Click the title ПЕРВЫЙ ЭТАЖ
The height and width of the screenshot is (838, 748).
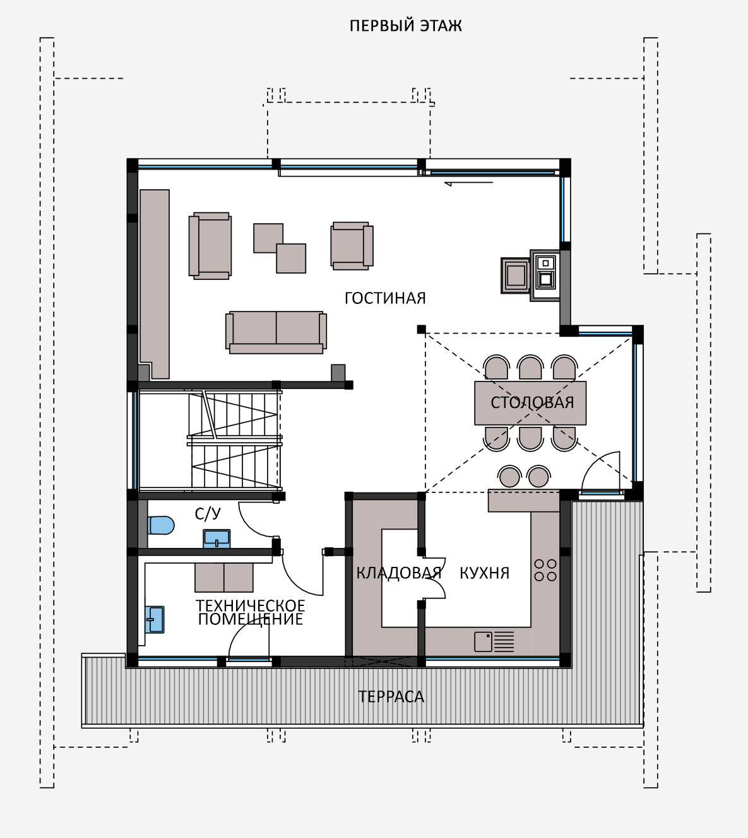click(x=405, y=26)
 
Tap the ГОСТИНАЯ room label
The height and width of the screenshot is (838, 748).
click(x=385, y=298)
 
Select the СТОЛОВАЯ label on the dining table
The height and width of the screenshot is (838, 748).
click(x=532, y=403)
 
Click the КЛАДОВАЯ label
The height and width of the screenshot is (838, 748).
click(x=399, y=573)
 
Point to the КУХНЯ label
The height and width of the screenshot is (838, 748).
click(x=485, y=573)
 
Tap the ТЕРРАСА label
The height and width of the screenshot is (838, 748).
click(x=391, y=697)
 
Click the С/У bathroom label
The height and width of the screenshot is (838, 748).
click(x=208, y=514)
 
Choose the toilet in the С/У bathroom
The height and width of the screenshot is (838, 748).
click(x=161, y=525)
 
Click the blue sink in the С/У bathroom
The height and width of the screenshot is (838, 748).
click(x=217, y=538)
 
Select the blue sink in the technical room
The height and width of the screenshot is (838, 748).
click(x=155, y=620)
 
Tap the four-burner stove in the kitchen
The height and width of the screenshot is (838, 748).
click(x=545, y=571)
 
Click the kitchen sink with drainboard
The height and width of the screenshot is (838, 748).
click(x=494, y=641)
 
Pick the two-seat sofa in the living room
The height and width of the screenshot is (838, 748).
click(x=276, y=332)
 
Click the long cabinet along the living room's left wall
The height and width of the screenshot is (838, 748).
click(x=155, y=284)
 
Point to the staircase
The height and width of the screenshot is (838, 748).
click(x=234, y=441)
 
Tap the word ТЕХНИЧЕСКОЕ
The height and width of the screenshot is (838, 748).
click(x=250, y=605)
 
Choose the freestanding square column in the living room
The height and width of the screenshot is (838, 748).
click(x=421, y=329)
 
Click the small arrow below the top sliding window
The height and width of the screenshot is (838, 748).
click(x=468, y=183)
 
